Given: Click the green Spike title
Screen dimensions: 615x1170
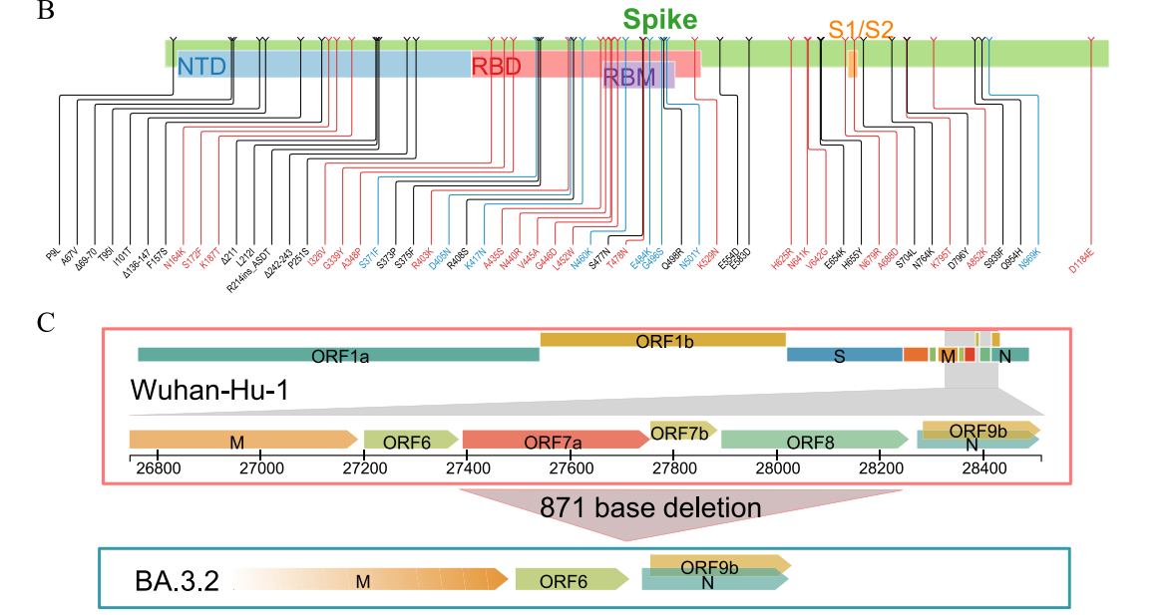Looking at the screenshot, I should click(x=660, y=20).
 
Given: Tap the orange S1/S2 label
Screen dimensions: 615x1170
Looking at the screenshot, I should click(x=861, y=30).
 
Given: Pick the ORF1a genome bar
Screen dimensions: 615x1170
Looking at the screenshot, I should click(x=338, y=355).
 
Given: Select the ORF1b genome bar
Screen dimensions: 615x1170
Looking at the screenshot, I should click(x=663, y=340).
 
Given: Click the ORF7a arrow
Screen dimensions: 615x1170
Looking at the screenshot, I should click(x=555, y=441).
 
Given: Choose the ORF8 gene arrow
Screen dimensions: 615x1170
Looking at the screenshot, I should click(x=807, y=441).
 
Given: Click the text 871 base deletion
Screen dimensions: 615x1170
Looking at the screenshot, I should click(x=650, y=507).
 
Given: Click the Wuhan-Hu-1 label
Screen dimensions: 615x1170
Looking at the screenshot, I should click(x=209, y=391).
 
